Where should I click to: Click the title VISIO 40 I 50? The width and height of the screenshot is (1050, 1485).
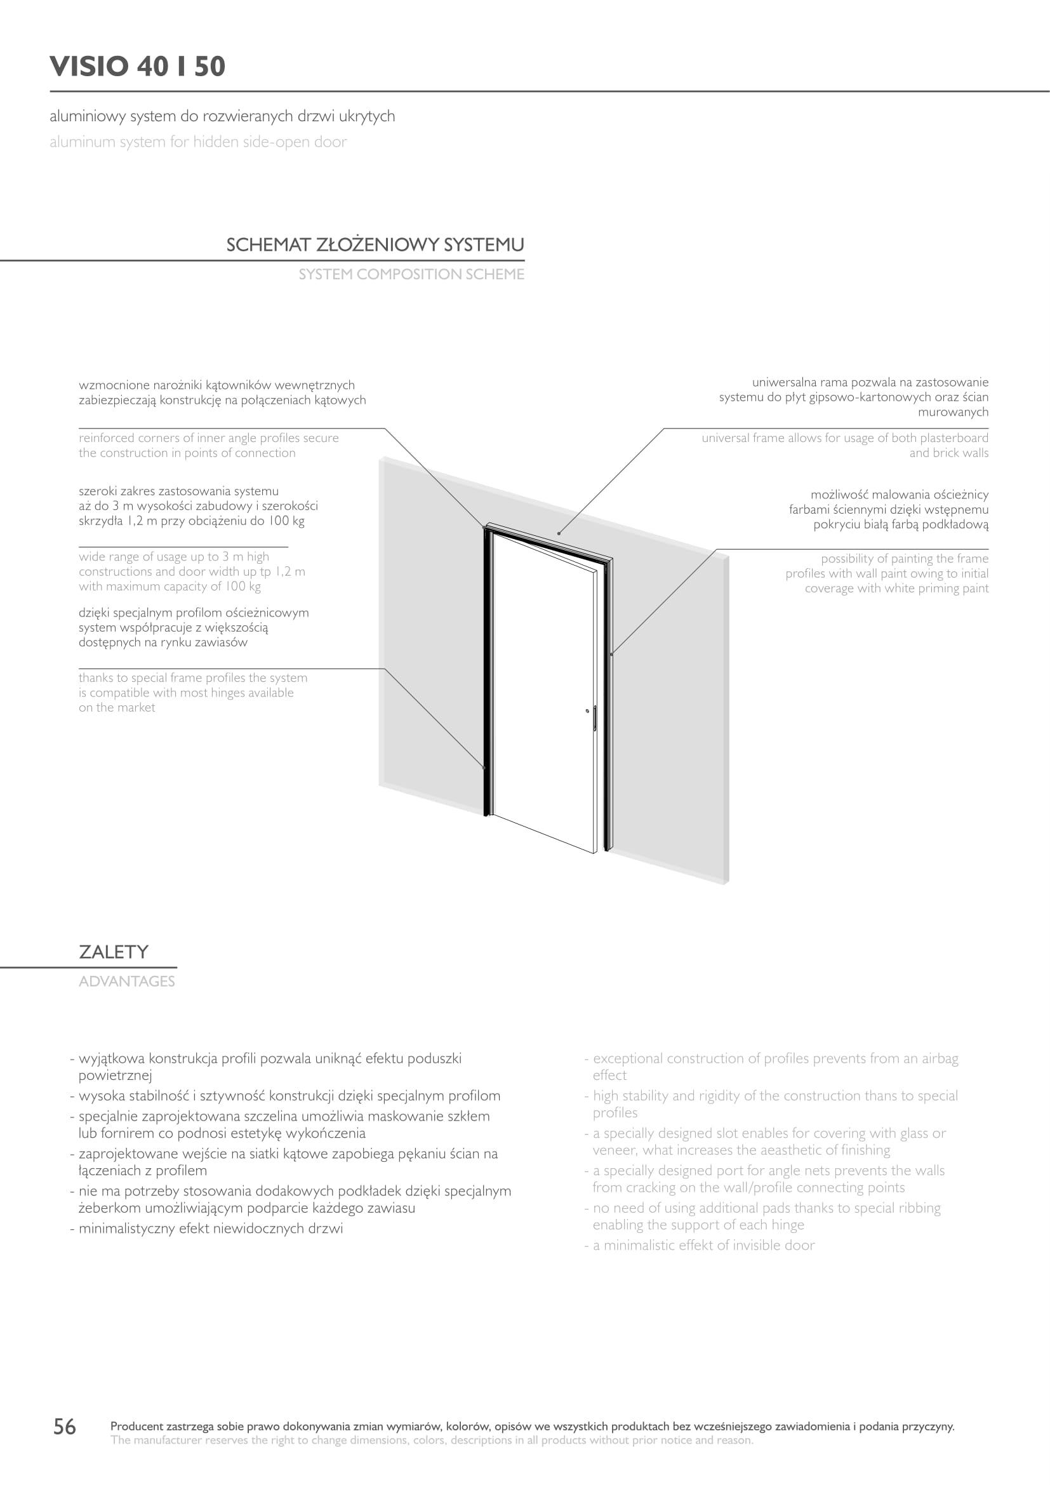coord(138,67)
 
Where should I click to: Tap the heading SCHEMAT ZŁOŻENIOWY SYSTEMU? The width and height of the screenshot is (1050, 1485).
coord(375,245)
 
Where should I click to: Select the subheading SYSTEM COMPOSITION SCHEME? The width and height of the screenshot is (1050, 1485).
coord(411,274)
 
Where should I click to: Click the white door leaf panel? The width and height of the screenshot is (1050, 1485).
coord(543,698)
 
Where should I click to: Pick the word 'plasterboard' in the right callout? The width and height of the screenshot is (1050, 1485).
coord(954,438)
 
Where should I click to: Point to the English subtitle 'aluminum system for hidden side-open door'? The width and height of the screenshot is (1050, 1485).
coord(198,142)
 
